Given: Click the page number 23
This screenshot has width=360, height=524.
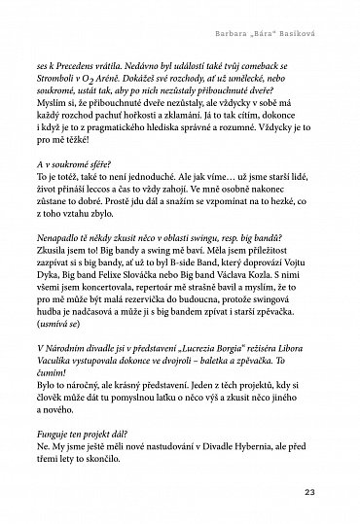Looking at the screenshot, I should (338, 489).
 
